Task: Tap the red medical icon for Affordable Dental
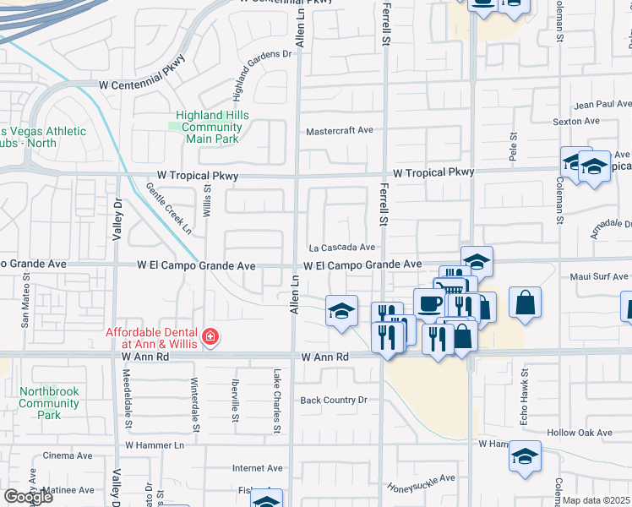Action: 209,339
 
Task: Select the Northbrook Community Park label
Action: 49,403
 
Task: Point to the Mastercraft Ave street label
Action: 340,131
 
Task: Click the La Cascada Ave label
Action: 341,248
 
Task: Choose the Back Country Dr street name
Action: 335,400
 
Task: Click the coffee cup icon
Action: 429,303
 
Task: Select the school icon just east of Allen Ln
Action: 341,311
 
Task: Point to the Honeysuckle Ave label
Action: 422,482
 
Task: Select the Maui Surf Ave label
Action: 601,275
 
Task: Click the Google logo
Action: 28,497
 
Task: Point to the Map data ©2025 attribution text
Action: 597,500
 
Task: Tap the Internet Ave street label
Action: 258,467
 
